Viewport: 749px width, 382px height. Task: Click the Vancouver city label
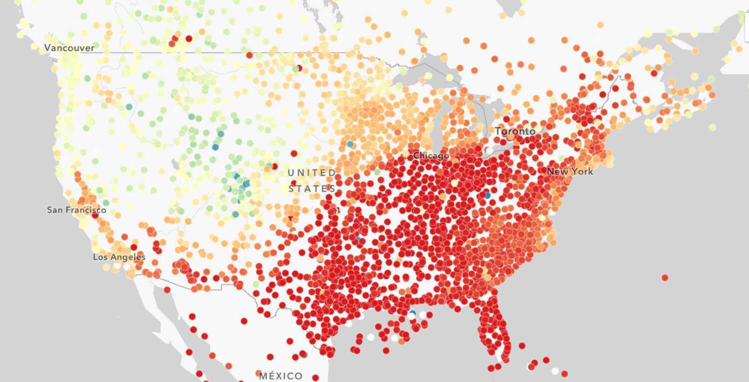69,48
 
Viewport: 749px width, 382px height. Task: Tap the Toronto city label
515,131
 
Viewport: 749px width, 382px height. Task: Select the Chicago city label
430,156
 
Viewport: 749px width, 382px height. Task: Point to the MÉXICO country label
281,376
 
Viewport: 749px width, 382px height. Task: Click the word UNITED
312,173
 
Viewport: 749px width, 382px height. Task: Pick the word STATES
312,189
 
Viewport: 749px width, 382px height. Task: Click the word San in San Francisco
55,210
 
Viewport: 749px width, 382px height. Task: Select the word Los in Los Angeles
100,257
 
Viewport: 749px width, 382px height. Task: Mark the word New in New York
557,171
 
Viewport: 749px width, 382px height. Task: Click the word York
582,171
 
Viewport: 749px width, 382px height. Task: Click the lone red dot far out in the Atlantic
665,278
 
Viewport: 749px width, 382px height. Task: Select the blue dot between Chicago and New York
487,195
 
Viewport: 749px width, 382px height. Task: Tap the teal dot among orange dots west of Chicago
350,144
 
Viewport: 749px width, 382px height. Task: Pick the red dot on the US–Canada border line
249,55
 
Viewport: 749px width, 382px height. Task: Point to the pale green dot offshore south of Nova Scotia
713,127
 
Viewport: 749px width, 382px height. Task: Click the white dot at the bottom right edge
555,371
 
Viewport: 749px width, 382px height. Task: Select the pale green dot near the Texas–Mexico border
256,284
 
